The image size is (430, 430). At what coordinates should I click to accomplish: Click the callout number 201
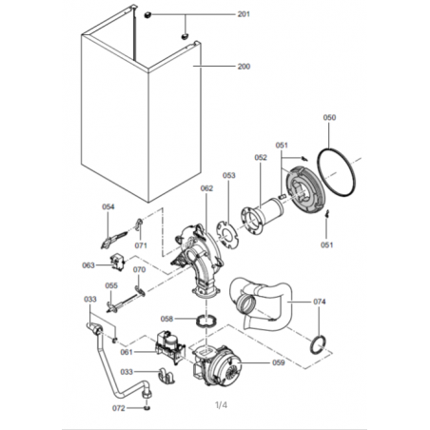pos(244,14)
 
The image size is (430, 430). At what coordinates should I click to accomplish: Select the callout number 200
pos(244,67)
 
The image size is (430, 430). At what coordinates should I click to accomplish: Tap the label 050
pos(329,118)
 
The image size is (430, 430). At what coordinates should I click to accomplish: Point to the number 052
pos(261,158)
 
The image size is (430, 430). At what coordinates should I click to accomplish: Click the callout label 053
pos(229,175)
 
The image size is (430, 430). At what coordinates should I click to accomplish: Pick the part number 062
pos(206,188)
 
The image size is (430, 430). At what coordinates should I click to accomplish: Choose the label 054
pos(108,206)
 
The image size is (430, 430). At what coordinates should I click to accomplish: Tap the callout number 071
pos(141,245)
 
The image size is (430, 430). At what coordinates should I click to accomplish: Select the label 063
pos(88,265)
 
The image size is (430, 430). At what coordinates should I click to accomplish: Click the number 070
pos(139,269)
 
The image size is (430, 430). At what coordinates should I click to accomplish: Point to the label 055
pos(111,285)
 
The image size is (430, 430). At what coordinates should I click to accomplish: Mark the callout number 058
pos(166,319)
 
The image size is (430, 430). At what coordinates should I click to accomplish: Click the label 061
pos(127,352)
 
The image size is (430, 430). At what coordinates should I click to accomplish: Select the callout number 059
pos(279,362)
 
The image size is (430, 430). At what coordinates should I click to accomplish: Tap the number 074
pos(320,302)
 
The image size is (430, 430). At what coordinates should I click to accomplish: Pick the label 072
pos(119,408)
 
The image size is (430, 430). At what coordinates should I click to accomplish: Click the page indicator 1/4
pos(221,405)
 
